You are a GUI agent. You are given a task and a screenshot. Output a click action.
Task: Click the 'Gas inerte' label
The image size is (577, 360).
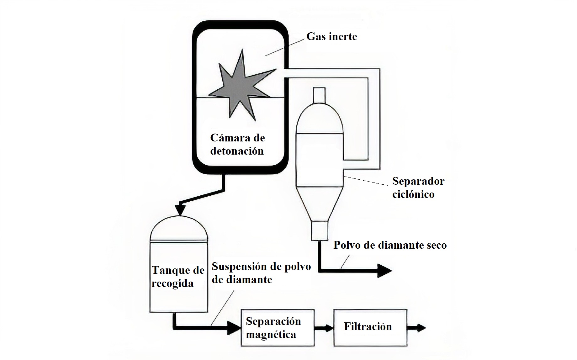(x=331, y=37)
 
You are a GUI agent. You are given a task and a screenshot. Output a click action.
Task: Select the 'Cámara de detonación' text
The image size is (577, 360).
(x=237, y=144)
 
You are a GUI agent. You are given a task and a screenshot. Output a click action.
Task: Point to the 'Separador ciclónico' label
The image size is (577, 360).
(x=418, y=188)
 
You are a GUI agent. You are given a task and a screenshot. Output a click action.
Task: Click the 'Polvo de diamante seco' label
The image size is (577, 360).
(x=390, y=245)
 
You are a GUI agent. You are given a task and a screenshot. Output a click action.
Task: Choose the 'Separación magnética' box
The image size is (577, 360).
(x=277, y=328)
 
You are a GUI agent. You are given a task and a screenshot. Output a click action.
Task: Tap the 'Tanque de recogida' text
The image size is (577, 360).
(x=178, y=277)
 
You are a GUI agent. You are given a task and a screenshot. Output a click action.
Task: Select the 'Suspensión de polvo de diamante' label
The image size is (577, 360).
(x=261, y=273)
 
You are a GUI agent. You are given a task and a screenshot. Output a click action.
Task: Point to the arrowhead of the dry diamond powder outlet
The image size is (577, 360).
(x=384, y=270)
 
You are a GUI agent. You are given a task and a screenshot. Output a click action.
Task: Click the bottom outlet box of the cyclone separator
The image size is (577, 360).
(x=320, y=231)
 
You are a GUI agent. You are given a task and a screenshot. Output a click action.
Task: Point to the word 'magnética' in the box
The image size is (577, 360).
(x=271, y=335)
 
